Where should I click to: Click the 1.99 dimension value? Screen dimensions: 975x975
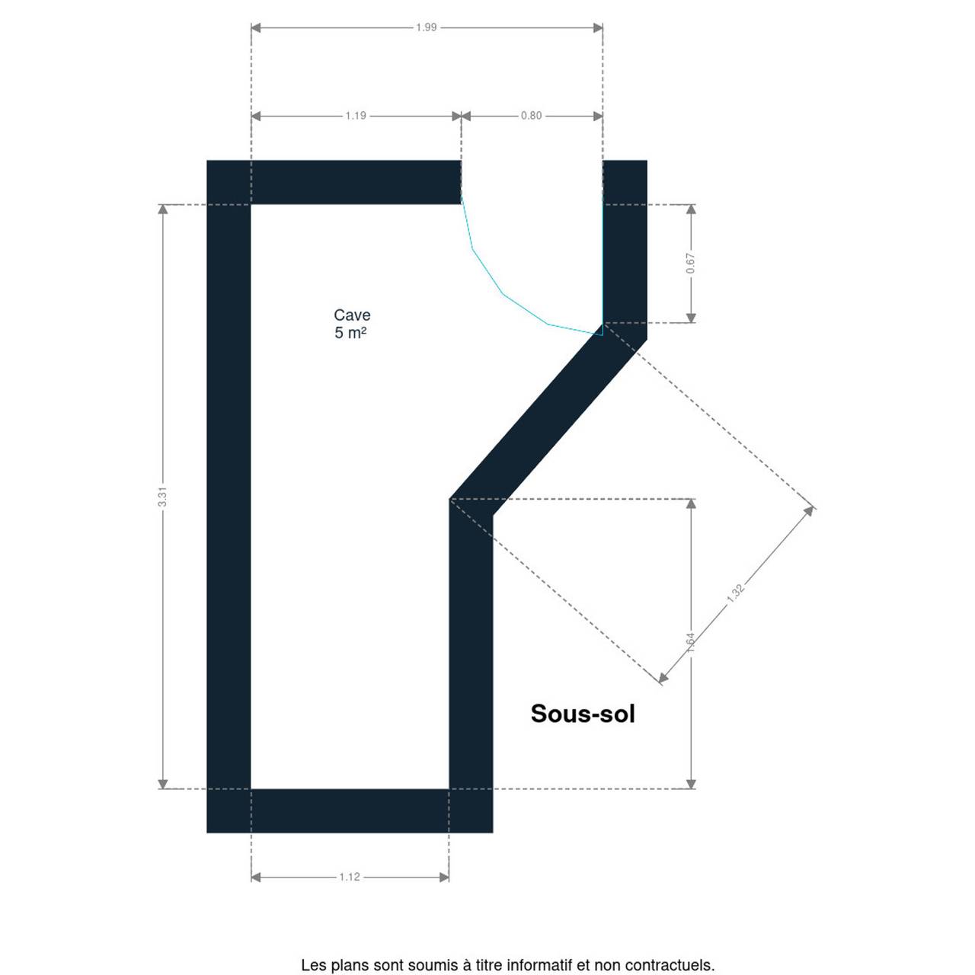click(426, 27)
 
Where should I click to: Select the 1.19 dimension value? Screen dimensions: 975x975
click(356, 116)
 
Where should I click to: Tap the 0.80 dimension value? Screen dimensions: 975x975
click(531, 116)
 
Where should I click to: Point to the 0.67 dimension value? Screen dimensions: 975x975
click(691, 263)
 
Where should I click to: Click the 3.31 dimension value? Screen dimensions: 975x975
click(162, 497)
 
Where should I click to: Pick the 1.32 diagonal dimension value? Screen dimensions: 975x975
click(735, 593)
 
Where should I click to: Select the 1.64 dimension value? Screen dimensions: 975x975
click(691, 643)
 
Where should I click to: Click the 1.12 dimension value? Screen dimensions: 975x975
click(350, 877)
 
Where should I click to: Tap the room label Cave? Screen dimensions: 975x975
click(352, 315)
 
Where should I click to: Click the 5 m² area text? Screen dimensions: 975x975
click(350, 333)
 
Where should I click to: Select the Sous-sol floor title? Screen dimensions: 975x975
click(583, 714)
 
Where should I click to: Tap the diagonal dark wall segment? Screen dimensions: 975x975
click(548, 420)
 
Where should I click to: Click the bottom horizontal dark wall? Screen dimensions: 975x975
click(350, 810)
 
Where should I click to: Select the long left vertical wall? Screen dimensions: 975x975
click(229, 497)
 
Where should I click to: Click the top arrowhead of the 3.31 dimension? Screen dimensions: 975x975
click(162, 209)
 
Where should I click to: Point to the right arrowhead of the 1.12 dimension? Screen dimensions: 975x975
click(444, 877)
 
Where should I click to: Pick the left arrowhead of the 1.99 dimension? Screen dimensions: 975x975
click(256, 27)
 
